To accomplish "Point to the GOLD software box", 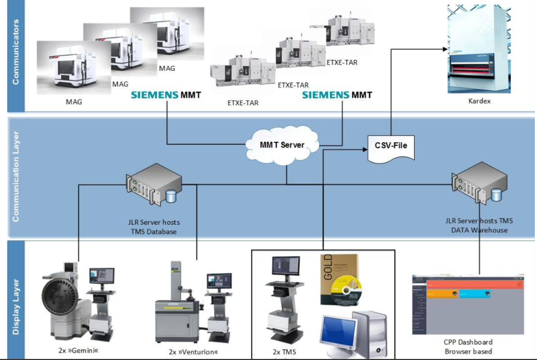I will click(x=341, y=280).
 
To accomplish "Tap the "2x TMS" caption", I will click(x=284, y=352).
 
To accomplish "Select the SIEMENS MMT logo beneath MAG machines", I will click(x=167, y=95).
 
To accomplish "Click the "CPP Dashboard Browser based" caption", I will click(x=468, y=347).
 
